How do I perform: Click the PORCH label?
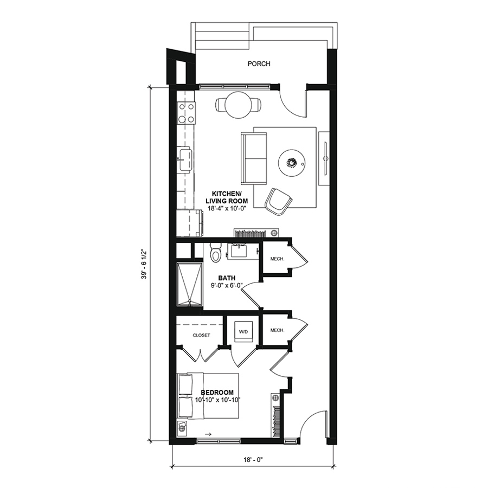[259, 64]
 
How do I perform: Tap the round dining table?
[239, 105]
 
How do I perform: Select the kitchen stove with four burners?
[186, 113]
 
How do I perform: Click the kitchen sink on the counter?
[185, 159]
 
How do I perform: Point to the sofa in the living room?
[254, 158]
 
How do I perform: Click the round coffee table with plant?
[291, 163]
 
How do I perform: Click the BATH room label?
[227, 278]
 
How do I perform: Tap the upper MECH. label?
[277, 259]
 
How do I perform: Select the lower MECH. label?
[277, 330]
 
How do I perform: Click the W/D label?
[243, 332]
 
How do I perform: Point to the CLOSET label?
[201, 335]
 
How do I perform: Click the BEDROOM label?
[217, 393]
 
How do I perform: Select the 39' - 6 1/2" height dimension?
[144, 264]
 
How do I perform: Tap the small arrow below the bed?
[209, 434]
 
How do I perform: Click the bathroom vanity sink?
[239, 250]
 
